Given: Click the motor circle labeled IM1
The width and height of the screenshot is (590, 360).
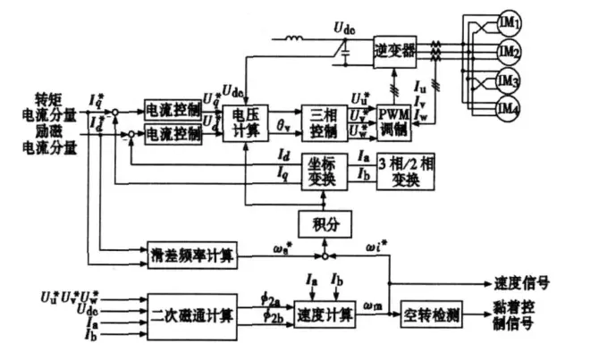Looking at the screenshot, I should pos(508,20).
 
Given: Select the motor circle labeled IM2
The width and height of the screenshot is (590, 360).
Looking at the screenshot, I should pos(508,51).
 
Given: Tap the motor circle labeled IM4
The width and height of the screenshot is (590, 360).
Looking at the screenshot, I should pos(508,110).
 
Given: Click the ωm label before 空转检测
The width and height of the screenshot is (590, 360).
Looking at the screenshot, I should pos(376,307).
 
